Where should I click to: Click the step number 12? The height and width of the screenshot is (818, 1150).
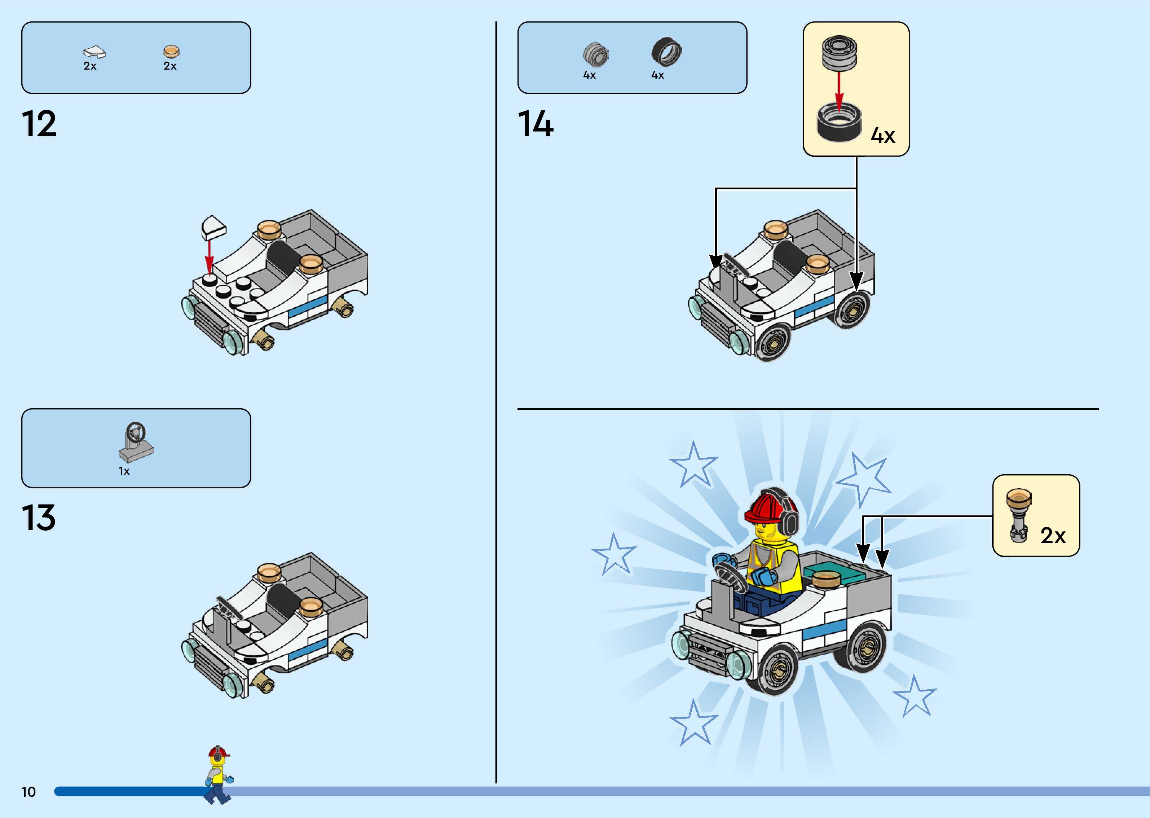pyautogui.click(x=39, y=124)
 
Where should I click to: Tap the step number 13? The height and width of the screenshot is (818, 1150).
pyautogui.click(x=39, y=518)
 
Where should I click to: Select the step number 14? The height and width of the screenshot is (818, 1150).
pyautogui.click(x=536, y=124)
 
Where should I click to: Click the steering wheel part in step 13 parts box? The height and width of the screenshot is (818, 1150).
pyautogui.click(x=136, y=442)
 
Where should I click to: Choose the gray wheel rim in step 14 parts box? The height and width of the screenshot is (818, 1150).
pyautogui.click(x=596, y=54)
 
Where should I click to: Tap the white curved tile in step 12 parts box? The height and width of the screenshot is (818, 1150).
pyautogui.click(x=94, y=51)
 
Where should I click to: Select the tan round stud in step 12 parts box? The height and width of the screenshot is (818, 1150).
pyautogui.click(x=171, y=51)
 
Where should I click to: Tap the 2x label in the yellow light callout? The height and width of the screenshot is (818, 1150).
pyautogui.click(x=1053, y=536)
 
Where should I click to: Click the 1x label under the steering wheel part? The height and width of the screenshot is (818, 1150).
pyautogui.click(x=124, y=471)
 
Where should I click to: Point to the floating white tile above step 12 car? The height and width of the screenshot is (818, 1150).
pyautogui.click(x=213, y=227)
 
